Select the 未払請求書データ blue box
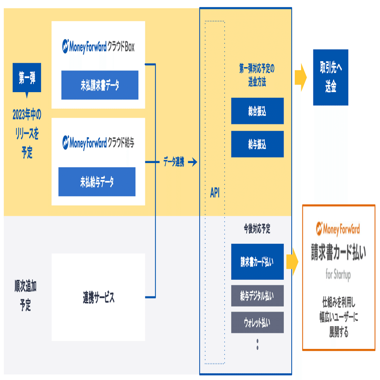(100, 85)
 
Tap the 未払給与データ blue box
(97, 182)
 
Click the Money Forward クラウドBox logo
(98, 46)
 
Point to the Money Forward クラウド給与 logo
(98, 142)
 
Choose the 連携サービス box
(98, 297)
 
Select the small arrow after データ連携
(192, 162)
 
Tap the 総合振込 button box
(257, 111)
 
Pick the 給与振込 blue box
(257, 144)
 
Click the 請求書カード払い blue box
(257, 262)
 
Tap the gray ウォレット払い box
(257, 322)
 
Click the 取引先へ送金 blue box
(330, 77)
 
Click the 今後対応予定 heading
(257, 229)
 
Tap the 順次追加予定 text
(25, 296)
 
